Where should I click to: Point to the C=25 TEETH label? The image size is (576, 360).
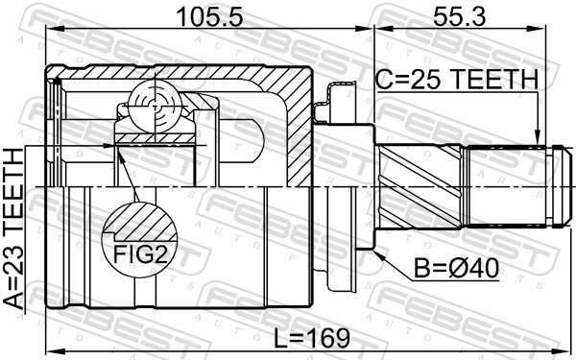click(457, 84)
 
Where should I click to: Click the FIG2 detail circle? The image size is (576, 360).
click(140, 237)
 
